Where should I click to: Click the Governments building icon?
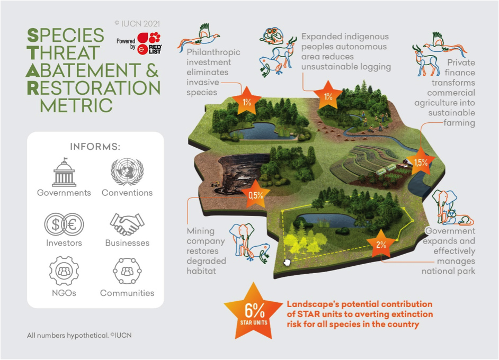click(x=64, y=172)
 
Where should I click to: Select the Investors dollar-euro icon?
click(x=64, y=224)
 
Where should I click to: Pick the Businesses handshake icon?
click(x=127, y=224)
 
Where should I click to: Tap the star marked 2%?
click(x=380, y=245)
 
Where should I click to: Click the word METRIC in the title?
click(x=76, y=104)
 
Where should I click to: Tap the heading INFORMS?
click(x=95, y=146)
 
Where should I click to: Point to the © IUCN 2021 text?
click(x=136, y=23)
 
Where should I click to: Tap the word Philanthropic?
click(x=213, y=52)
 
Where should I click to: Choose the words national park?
click(x=448, y=272)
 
